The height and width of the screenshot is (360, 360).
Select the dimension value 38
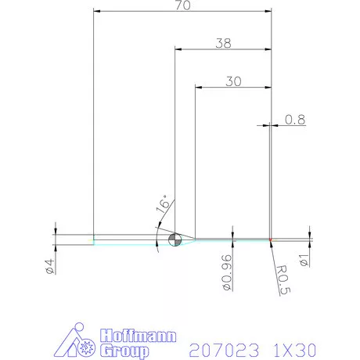(x=223, y=44)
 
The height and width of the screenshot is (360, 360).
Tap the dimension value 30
(x=232, y=81)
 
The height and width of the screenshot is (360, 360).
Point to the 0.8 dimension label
(x=295, y=119)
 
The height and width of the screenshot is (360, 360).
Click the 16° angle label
(x=162, y=206)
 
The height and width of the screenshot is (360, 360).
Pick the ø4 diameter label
(x=49, y=265)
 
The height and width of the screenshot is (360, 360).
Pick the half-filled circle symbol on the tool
(x=174, y=239)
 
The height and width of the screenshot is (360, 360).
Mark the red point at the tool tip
(x=270, y=239)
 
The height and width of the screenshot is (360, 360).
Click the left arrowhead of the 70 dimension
(x=96, y=11)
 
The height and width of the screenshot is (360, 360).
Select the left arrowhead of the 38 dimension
(x=177, y=49)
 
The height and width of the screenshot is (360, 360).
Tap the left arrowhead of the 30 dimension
(x=197, y=86)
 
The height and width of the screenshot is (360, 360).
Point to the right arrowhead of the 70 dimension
(x=267, y=11)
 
